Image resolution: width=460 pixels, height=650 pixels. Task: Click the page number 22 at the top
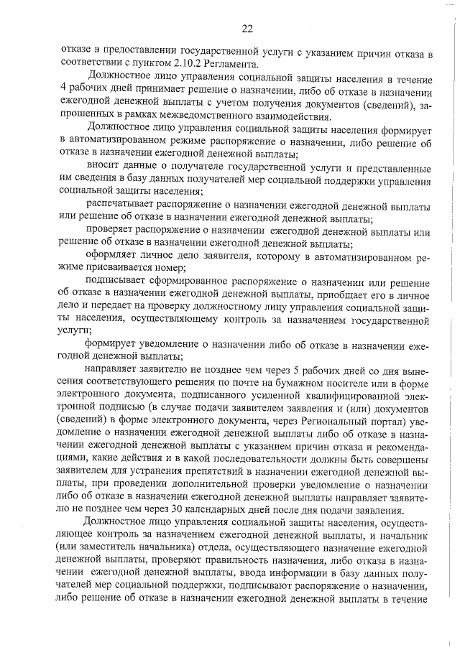(247, 29)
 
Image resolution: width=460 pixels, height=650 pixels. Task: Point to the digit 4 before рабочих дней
(64, 91)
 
